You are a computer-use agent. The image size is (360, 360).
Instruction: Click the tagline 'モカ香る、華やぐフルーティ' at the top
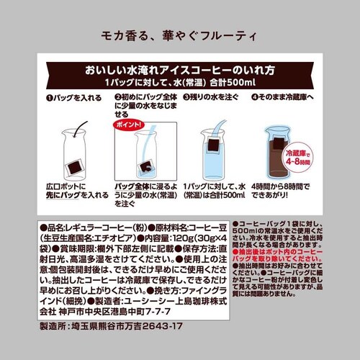[x=179, y=35]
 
